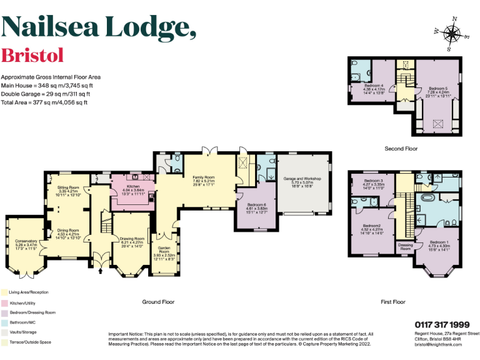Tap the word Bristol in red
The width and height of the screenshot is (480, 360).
(x=32, y=56)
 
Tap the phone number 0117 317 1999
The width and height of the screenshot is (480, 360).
(x=442, y=324)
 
